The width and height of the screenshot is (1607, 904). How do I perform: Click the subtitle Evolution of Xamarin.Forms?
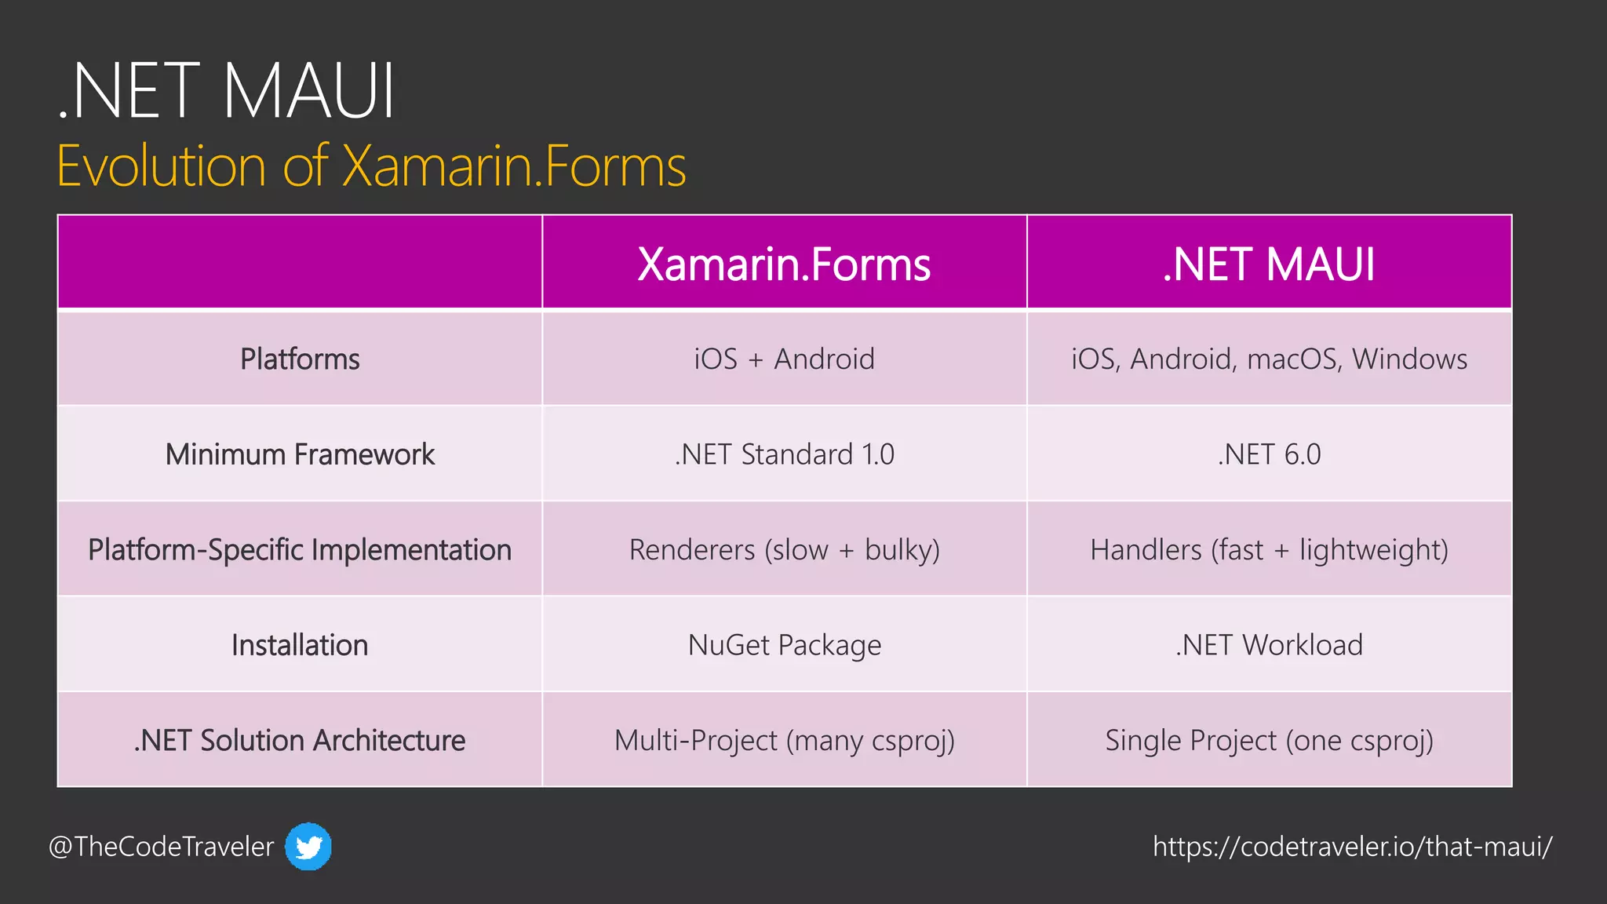click(371, 166)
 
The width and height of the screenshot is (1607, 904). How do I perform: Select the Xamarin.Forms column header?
click(784, 264)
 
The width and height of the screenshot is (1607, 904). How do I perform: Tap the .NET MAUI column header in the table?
click(1269, 264)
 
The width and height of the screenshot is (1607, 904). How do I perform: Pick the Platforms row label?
click(300, 359)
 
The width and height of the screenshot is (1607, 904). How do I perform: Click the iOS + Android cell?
click(784, 359)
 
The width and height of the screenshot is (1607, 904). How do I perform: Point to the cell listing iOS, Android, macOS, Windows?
click(1269, 359)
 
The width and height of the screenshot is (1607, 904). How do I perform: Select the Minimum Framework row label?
click(300, 454)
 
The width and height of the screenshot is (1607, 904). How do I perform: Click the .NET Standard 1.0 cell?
click(784, 454)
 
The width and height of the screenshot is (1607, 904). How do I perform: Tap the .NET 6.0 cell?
click(1269, 454)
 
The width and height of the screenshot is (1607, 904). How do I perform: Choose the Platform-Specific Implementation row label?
click(300, 550)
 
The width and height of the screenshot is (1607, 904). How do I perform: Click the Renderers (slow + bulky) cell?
click(784, 550)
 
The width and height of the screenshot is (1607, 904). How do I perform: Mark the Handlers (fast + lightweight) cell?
click(1269, 550)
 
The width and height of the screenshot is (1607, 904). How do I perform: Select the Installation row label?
click(300, 645)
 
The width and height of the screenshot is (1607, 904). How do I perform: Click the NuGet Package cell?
click(784, 645)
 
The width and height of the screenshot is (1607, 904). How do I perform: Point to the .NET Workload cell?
click(1269, 645)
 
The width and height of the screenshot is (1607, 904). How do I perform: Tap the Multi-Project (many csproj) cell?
click(784, 741)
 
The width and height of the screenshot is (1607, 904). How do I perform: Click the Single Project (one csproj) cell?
click(1269, 741)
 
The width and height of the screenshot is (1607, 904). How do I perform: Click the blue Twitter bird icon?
click(308, 847)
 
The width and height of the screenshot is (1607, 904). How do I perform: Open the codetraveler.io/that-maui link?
click(1352, 847)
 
